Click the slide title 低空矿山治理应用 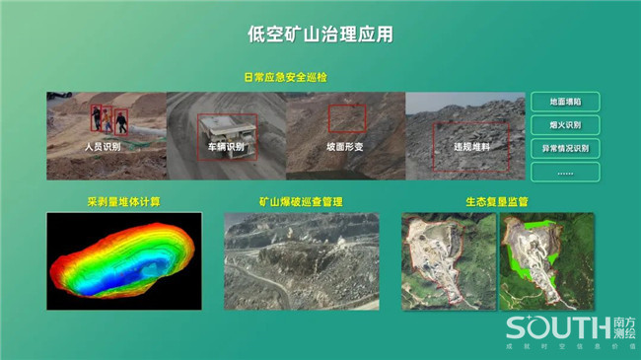pyautogui.click(x=320, y=35)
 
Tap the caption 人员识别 pyautogui.click(x=103, y=146)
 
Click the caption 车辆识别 pyautogui.click(x=226, y=147)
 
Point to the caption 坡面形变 pyautogui.click(x=344, y=147)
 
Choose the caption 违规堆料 pyautogui.click(x=471, y=147)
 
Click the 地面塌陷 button pyautogui.click(x=565, y=102)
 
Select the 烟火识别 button pyautogui.click(x=565, y=125)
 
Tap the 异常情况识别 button pyautogui.click(x=565, y=149)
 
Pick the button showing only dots pyautogui.click(x=565, y=172)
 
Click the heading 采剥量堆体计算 pyautogui.click(x=123, y=201)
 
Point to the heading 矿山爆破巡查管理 pyautogui.click(x=301, y=201)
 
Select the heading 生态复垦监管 pyautogui.click(x=497, y=201)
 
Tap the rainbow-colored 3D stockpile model pyautogui.click(x=123, y=258)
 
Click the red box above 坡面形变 pyautogui.click(x=346, y=119)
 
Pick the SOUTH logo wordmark pyautogui.click(x=558, y=327)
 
